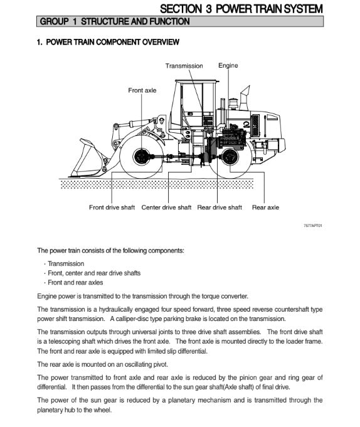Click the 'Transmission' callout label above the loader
tap(184, 66)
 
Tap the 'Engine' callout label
tap(228, 66)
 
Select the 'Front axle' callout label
tap(142, 90)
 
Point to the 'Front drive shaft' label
tap(112, 208)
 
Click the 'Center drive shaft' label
tap(166, 208)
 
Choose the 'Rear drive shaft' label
tap(220, 208)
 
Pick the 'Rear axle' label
tap(265, 208)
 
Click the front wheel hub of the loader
tap(141, 157)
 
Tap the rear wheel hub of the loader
tap(230, 157)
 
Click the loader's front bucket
tap(88, 159)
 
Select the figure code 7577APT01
tap(313, 226)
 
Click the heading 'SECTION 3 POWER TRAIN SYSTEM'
tap(241, 9)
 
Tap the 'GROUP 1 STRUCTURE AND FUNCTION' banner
tap(180, 21)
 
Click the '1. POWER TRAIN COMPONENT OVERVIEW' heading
tap(108, 42)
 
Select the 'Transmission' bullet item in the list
tap(66, 263)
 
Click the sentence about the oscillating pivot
tap(102, 364)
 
